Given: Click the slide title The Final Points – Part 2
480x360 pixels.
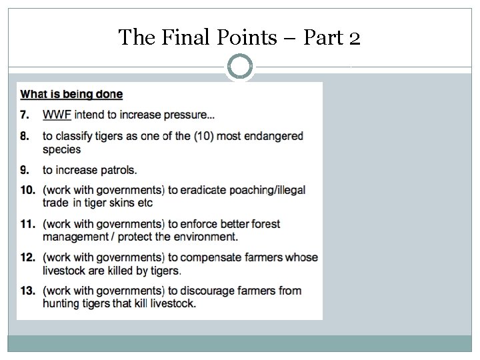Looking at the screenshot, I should click(x=240, y=37).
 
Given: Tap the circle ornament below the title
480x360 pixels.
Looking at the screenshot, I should click(x=240, y=67).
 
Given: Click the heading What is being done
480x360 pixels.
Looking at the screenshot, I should click(x=71, y=95).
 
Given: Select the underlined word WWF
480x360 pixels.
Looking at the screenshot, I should click(x=57, y=115).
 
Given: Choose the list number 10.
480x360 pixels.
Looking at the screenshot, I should click(x=27, y=190).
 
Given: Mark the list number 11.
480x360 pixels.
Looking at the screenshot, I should click(x=27, y=224).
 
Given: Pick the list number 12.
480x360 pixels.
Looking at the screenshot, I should click(x=27, y=257).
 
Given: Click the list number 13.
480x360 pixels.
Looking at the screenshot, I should click(x=27, y=291).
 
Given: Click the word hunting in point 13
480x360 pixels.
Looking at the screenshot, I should click(x=61, y=303).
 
